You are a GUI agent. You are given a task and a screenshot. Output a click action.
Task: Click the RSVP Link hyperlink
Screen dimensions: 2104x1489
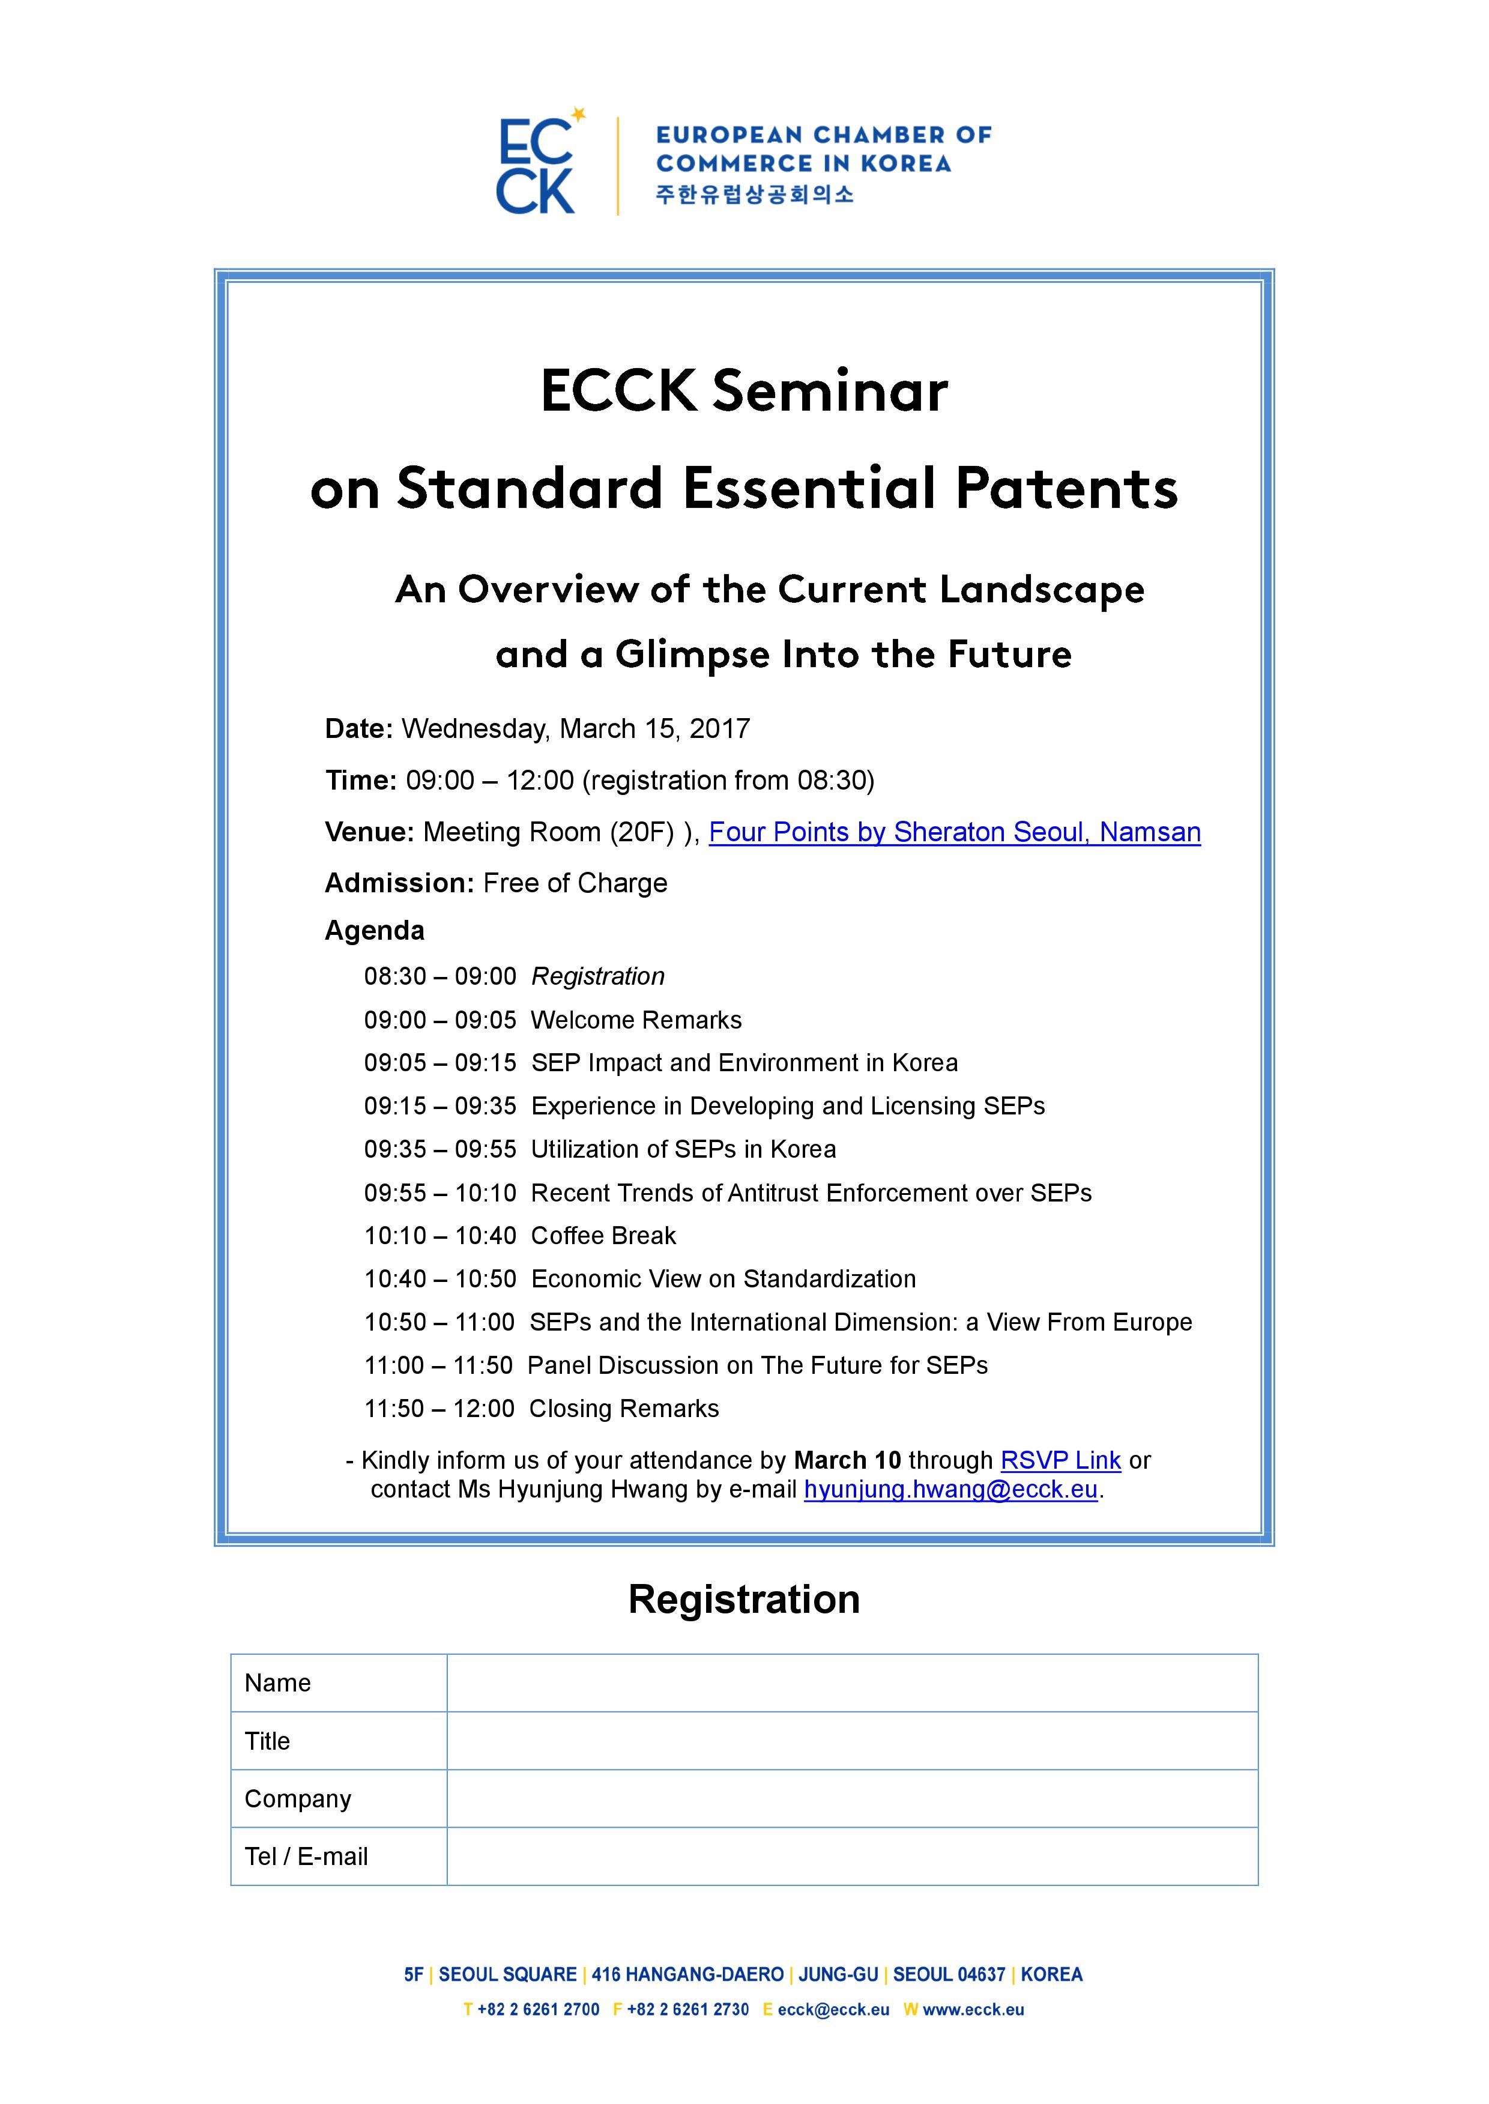click(x=1060, y=1460)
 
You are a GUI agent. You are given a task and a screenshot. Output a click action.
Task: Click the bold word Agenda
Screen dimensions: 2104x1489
click(x=374, y=931)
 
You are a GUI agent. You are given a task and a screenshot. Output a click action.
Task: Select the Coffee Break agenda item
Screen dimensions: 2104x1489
click(x=603, y=1236)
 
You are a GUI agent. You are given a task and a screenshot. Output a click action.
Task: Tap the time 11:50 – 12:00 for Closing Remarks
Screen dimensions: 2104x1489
click(x=438, y=1408)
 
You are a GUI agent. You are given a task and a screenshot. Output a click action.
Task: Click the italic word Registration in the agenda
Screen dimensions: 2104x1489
click(x=598, y=976)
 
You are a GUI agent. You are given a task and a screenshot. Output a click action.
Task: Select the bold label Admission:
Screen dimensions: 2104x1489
click(x=399, y=883)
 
